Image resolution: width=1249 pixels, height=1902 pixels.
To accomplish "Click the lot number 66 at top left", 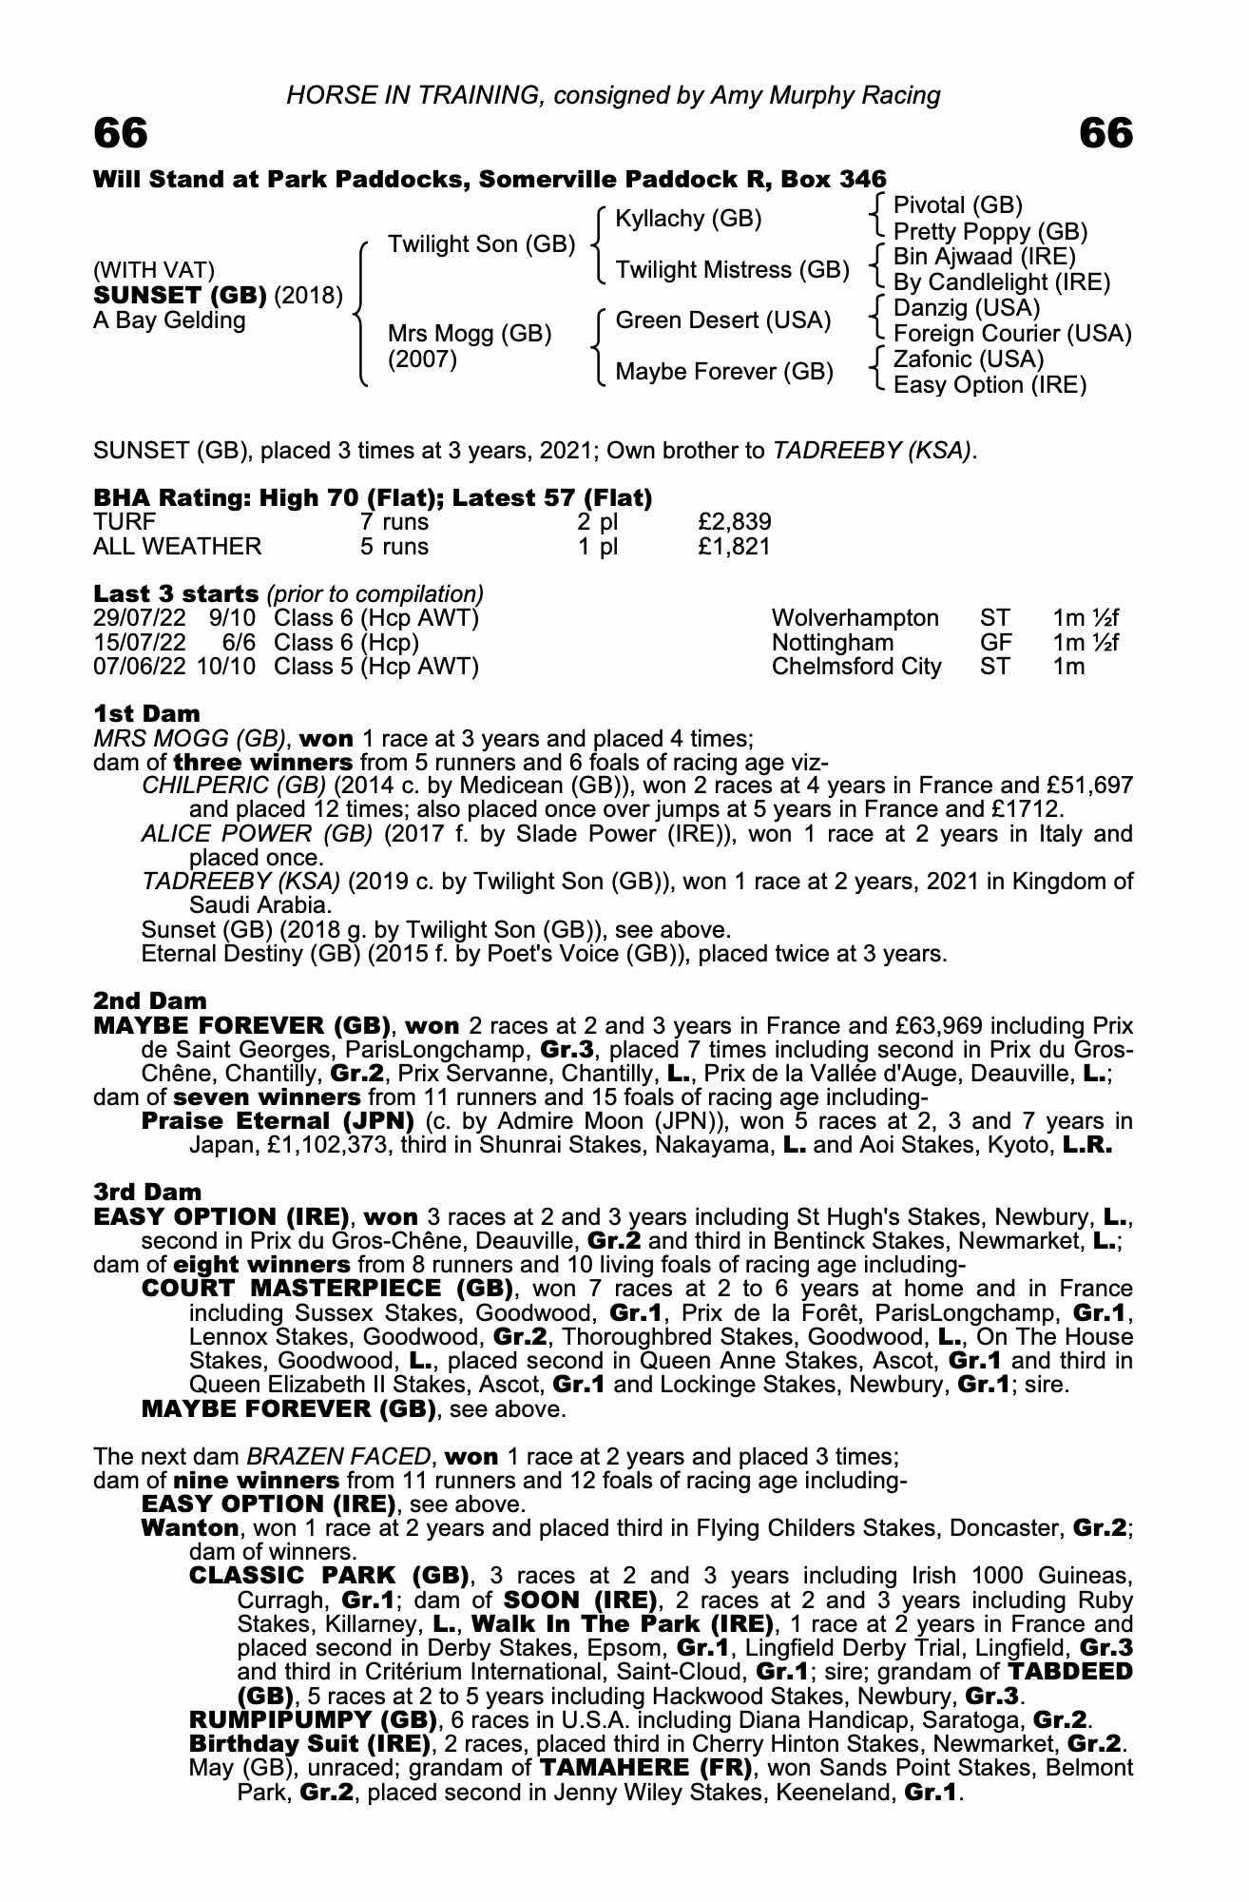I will tap(121, 134).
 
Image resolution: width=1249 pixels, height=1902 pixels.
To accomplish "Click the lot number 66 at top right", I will tap(1106, 134).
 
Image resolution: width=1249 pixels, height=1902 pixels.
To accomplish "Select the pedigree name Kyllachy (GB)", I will tap(688, 219).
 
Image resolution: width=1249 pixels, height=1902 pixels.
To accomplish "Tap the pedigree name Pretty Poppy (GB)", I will tap(990, 232).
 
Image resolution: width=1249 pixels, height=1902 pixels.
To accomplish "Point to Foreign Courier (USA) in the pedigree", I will tap(1012, 334).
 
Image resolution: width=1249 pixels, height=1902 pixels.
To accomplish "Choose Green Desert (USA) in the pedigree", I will tap(722, 320).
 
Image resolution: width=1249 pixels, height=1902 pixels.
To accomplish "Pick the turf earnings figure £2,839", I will tap(734, 522).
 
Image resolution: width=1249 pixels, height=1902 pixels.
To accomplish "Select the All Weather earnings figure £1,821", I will tap(734, 547).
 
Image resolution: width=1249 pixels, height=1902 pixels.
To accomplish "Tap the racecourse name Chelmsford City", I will tap(856, 667).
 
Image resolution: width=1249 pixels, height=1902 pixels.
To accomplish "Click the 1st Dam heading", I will tap(146, 713).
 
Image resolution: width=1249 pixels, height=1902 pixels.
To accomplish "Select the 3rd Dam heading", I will tap(147, 1193).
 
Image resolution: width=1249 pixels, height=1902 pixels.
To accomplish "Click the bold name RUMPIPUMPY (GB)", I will tap(313, 1720).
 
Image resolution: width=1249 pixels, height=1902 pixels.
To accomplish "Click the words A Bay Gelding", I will tap(169, 320).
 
